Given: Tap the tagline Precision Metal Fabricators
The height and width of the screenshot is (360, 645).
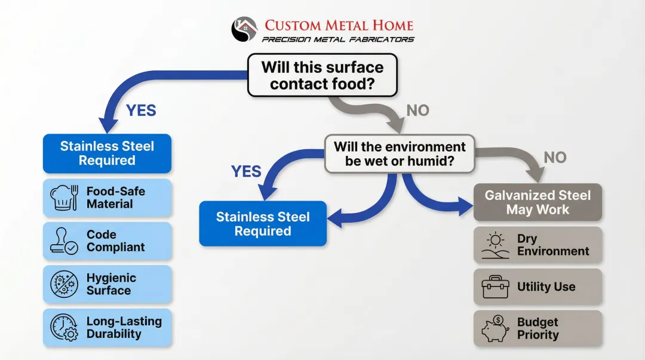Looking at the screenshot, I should [x=338, y=39].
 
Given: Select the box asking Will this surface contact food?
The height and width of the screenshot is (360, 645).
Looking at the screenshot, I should [x=322, y=75].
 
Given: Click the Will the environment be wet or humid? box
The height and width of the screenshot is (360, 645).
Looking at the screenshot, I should [x=400, y=153].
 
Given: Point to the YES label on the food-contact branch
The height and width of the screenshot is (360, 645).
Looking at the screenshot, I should [x=141, y=110].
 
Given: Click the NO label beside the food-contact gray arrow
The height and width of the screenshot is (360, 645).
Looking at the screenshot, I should [x=417, y=110].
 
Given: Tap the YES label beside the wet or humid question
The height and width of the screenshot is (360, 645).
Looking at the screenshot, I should [x=246, y=172].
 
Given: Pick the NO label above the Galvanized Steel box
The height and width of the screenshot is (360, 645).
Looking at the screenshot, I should [x=555, y=158].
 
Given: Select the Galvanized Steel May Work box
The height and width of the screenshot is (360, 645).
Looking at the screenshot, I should [x=537, y=202].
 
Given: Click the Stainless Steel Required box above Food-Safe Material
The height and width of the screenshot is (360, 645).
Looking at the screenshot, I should [x=107, y=153].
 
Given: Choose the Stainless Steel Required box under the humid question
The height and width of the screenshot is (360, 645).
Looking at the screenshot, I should [x=263, y=224].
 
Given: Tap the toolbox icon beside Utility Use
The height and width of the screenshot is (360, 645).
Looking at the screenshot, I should [x=495, y=287].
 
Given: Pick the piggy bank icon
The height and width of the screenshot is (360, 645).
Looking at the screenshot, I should [x=495, y=329].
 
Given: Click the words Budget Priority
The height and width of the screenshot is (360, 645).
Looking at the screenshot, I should [x=537, y=328].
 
